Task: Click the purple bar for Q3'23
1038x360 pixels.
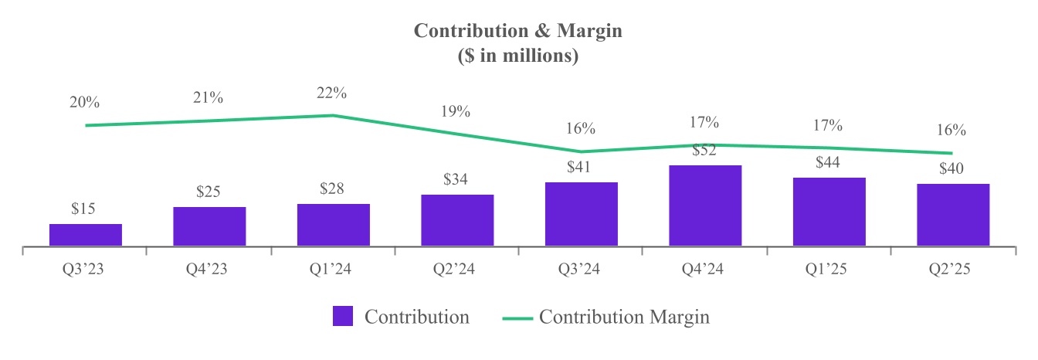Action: tap(85, 235)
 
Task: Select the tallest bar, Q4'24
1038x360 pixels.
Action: tap(705, 205)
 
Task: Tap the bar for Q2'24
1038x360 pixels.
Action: tap(457, 220)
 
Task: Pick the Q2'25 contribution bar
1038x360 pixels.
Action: tap(953, 215)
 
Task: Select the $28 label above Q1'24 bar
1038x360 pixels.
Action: tap(333, 189)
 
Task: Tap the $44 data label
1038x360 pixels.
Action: tap(829, 163)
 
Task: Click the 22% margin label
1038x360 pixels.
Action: tap(332, 93)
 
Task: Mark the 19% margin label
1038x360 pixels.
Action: tap(456, 111)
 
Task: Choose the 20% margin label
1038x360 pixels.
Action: tap(84, 103)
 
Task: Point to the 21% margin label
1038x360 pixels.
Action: tap(209, 98)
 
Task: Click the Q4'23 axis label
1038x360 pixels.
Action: tap(209, 270)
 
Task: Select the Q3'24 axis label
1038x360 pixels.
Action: tap(581, 270)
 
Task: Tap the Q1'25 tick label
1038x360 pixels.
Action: tap(829, 270)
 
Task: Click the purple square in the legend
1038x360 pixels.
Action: tap(343, 317)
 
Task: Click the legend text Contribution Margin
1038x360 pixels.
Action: tap(623, 317)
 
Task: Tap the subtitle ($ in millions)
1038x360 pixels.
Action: tap(518, 56)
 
